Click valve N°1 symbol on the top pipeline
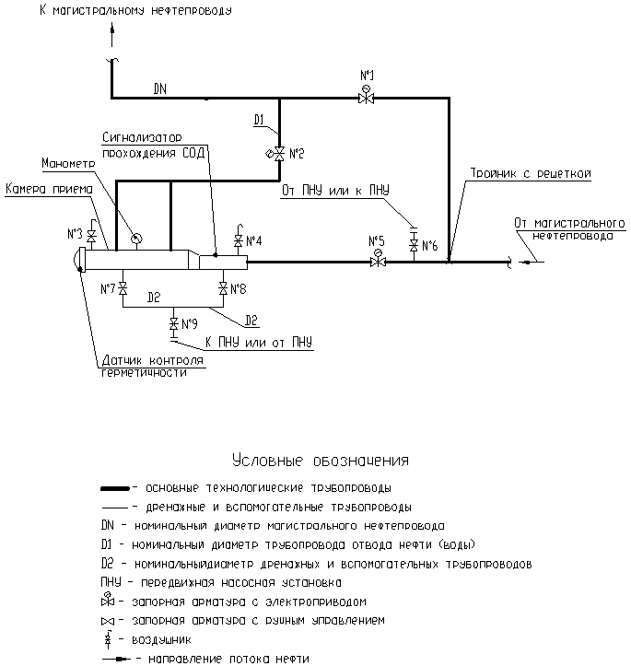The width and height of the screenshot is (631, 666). click(x=366, y=97)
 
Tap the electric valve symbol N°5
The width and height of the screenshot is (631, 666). click(x=378, y=261)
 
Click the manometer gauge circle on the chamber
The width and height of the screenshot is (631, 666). click(x=136, y=239)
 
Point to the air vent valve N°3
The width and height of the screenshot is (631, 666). click(x=91, y=235)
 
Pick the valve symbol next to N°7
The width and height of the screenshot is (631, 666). click(x=123, y=289)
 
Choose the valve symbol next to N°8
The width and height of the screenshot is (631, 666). click(x=223, y=289)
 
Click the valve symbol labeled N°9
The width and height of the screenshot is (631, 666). click(x=173, y=324)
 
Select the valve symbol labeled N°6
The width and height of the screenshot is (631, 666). click(x=414, y=245)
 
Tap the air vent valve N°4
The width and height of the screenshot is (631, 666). click(x=239, y=240)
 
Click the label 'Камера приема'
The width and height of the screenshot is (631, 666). click(x=49, y=189)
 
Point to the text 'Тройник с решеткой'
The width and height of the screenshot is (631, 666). click(x=531, y=173)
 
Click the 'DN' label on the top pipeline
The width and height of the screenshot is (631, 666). click(x=160, y=88)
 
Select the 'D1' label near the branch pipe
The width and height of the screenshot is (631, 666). click(x=259, y=120)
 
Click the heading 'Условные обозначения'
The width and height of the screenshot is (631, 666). click(x=321, y=461)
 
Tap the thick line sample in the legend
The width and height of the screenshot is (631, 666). click(x=115, y=489)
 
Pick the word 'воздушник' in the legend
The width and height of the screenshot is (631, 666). click(x=162, y=639)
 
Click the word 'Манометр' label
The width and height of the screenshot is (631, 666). click(x=68, y=163)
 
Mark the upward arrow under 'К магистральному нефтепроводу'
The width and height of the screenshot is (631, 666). click(x=112, y=35)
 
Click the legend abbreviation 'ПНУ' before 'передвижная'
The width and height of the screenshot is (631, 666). click(x=111, y=582)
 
